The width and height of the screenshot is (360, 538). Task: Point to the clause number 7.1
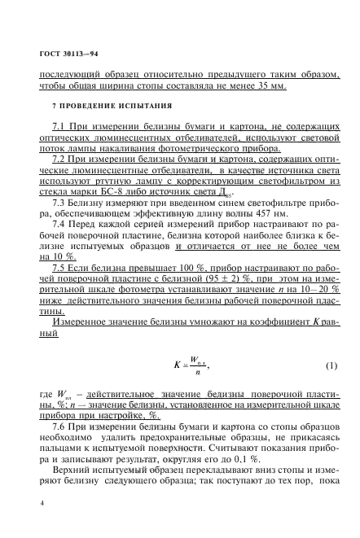(x=59, y=130)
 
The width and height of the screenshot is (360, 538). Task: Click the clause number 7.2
(x=59, y=162)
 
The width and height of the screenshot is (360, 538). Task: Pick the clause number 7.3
(x=59, y=203)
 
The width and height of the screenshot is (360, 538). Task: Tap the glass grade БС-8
(x=97, y=193)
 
